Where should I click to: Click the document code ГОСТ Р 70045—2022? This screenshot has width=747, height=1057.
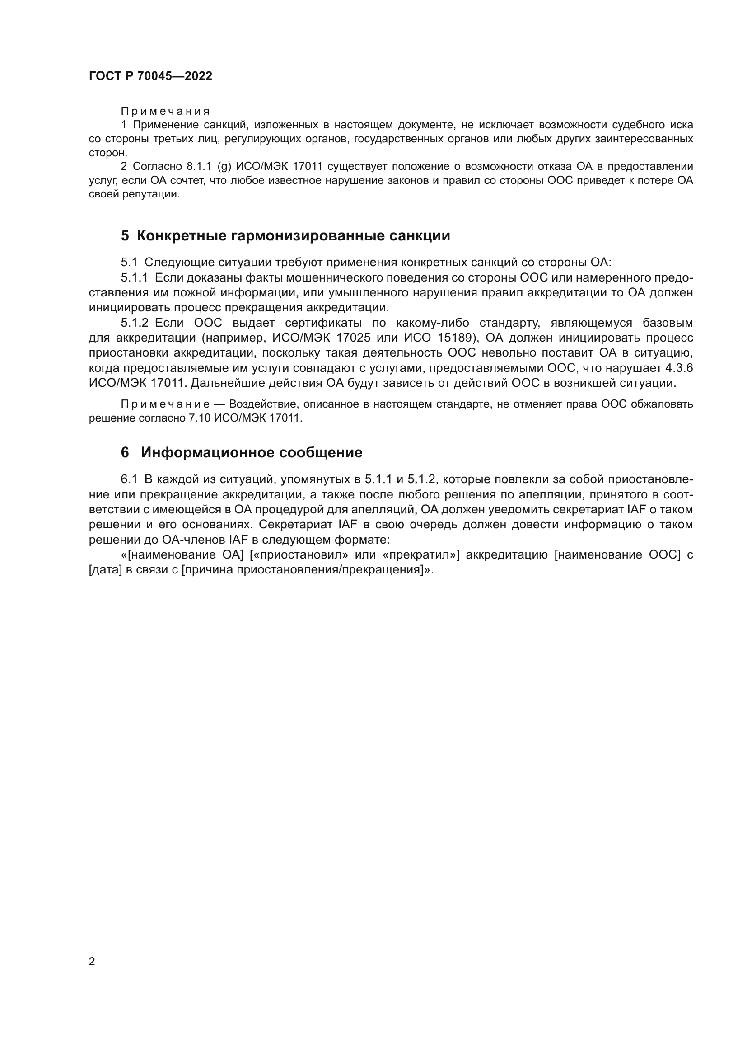click(150, 76)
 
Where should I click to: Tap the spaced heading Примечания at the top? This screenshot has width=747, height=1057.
click(165, 112)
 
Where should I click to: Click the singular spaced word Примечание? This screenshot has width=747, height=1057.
click(165, 404)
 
